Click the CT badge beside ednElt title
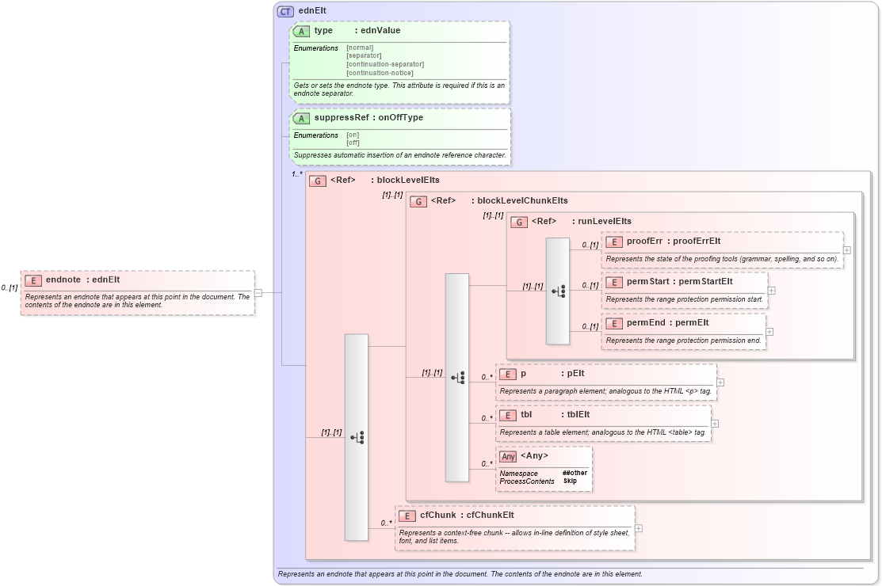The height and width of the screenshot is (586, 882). (x=285, y=11)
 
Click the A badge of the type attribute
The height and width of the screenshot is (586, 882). (x=301, y=31)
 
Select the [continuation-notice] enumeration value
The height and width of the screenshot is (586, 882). (x=380, y=73)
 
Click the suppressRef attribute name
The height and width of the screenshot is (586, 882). (x=342, y=117)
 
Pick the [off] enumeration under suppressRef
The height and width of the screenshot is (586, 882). (x=353, y=143)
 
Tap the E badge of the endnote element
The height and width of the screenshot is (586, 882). (x=32, y=280)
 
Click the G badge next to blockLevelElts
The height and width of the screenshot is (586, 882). (x=317, y=181)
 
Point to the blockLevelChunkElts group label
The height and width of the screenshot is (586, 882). (x=522, y=200)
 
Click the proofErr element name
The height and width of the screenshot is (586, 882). (x=643, y=241)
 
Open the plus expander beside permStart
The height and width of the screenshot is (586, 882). (x=772, y=291)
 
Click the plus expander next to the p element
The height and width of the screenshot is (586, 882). (x=720, y=382)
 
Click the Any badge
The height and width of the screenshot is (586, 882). (x=509, y=456)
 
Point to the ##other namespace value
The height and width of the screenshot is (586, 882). (x=575, y=473)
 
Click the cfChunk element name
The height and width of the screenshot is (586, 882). (x=437, y=515)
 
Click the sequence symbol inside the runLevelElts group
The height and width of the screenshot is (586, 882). (x=558, y=291)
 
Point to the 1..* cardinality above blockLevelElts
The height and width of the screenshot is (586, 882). (x=297, y=174)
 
